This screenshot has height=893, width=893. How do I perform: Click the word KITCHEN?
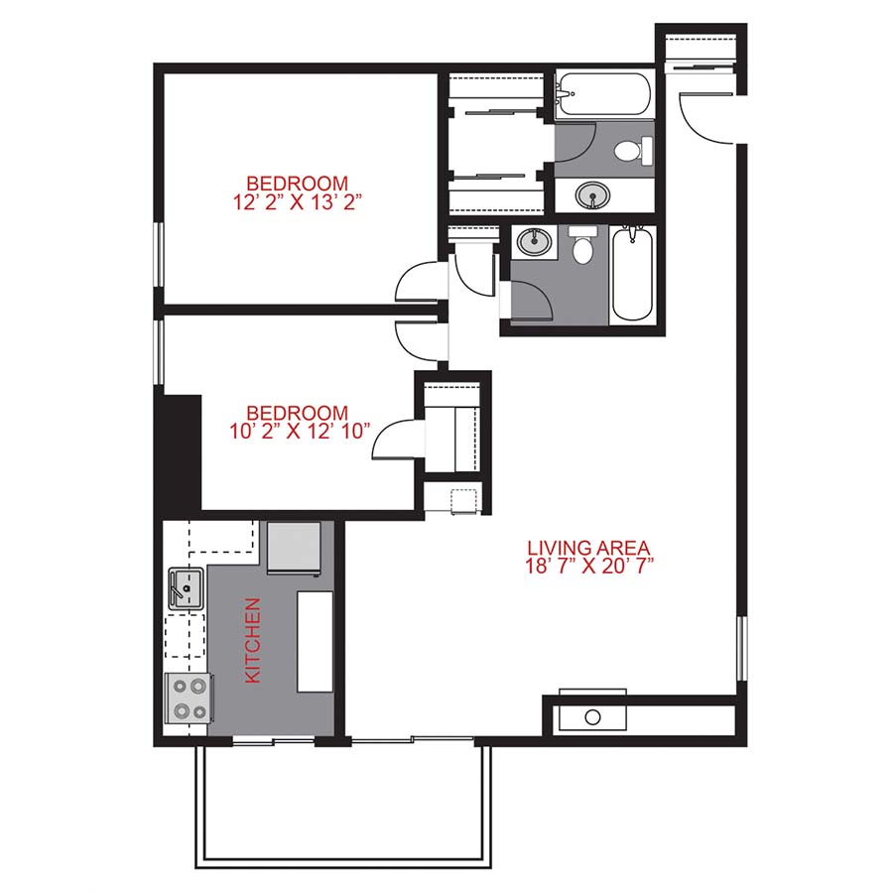[252, 640]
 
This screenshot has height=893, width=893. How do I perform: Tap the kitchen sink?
[186, 586]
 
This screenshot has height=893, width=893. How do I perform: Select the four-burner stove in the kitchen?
[188, 697]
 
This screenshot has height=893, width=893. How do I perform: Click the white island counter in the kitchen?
[316, 643]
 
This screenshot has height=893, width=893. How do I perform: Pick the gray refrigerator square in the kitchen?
[295, 548]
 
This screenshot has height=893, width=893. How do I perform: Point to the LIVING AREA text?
[588, 547]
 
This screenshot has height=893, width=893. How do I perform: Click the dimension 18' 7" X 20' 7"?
[588, 566]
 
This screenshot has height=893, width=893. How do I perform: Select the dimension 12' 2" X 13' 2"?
[297, 201]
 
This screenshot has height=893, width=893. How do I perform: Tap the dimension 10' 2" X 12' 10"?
[297, 431]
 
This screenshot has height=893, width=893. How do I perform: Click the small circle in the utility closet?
[593, 716]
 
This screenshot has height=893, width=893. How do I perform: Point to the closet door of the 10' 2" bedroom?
[394, 441]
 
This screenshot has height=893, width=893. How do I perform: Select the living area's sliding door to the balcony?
[412, 739]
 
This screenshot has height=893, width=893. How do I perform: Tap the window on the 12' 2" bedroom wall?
[157, 254]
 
